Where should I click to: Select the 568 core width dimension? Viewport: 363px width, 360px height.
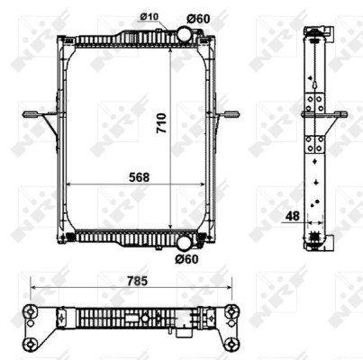(138, 177)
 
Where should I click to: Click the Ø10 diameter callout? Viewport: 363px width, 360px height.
(150, 17)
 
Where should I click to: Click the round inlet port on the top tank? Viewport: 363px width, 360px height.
(183, 35)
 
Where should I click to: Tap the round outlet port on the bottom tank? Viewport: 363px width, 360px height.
(184, 242)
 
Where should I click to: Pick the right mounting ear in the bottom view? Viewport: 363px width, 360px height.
(232, 317)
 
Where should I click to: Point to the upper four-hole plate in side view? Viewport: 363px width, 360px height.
(316, 100)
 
